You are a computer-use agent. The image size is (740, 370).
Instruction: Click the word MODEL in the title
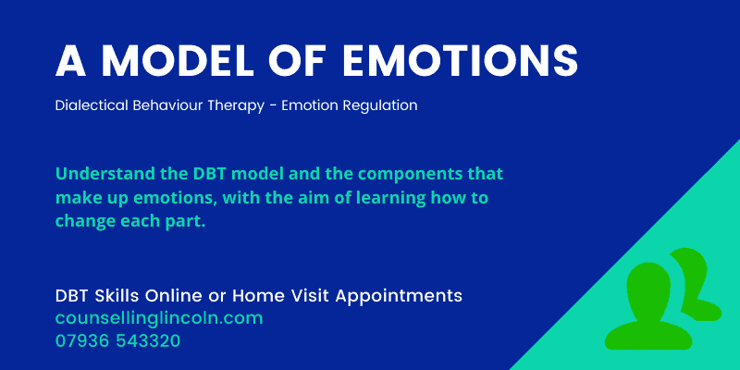[x=185, y=61]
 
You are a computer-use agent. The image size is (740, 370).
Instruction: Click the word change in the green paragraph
[x=83, y=223]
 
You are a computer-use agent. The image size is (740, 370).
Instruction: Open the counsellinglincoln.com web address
[x=159, y=318]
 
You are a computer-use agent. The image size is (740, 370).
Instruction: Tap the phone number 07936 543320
[x=117, y=340]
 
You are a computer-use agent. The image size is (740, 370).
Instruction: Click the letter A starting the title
[x=70, y=61]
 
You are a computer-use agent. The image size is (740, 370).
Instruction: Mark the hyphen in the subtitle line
[x=283, y=106]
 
